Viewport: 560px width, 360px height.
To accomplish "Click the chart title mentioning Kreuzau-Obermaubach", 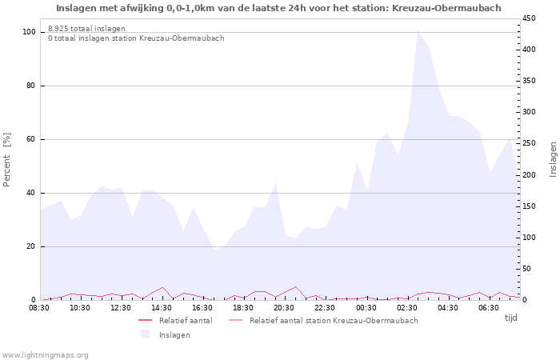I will (x=278, y=8).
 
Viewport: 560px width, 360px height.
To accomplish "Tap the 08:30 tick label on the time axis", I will (x=39, y=308).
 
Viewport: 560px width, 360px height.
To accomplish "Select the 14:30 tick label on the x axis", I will (x=162, y=308).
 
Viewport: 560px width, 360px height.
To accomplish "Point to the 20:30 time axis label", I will (x=284, y=308).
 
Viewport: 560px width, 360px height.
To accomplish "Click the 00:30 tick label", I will (x=366, y=308).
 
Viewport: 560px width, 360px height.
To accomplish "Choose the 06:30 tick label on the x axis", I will (x=488, y=308).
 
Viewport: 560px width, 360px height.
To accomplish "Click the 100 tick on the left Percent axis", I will (x=30, y=32).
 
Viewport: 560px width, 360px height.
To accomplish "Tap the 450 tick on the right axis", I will (x=530, y=18).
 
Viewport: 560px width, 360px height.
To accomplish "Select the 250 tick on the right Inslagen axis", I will (x=530, y=143).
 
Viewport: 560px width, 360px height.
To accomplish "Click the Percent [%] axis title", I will (x=7, y=160).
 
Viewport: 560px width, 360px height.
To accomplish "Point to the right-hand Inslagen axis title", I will (x=553, y=158).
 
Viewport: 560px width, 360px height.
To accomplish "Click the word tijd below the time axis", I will (x=511, y=318).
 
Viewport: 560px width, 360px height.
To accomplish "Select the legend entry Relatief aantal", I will (x=186, y=321).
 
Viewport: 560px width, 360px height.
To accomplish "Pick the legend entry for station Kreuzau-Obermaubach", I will (x=333, y=321).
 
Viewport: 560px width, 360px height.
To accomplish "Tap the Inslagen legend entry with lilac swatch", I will (x=174, y=334).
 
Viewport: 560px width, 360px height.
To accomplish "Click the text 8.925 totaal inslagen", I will (x=86, y=29).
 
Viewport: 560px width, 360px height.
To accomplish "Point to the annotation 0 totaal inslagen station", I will (x=136, y=38).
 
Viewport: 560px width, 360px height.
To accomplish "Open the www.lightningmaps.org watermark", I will (x=45, y=354).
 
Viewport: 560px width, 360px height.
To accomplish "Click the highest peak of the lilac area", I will (x=418, y=30).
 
